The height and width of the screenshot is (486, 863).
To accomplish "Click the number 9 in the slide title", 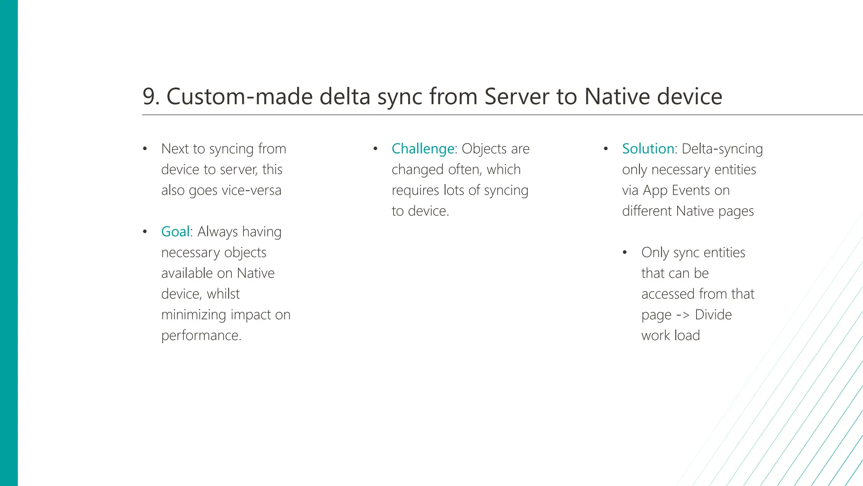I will coord(150,97).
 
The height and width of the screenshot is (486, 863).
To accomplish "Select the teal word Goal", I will coord(175,232).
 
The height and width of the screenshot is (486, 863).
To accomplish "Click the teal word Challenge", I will coord(423,149).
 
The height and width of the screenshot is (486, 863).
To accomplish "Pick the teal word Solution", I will coord(648,149).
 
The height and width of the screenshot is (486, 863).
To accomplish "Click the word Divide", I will coord(713,315).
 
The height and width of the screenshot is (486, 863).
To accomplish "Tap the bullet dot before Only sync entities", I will coord(625,253).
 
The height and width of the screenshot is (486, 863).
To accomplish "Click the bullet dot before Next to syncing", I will coord(145,149).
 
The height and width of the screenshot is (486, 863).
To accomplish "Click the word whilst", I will coord(223,294).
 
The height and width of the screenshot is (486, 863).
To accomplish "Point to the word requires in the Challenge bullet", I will coord(416,190).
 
